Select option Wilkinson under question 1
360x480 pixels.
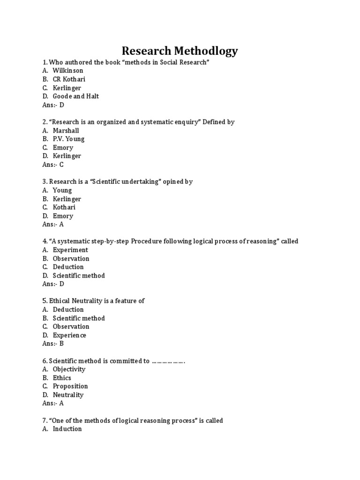point(68,71)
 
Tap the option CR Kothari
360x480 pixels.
point(69,79)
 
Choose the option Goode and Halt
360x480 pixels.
point(75,96)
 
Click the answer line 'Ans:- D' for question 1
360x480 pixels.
point(53,105)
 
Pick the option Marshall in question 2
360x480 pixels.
point(66,130)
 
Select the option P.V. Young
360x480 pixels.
point(68,139)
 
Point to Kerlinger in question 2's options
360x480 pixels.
point(67,156)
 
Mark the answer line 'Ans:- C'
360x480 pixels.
point(53,165)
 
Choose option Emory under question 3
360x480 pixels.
point(63,216)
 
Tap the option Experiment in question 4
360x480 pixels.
point(70,250)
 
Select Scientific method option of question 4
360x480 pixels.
point(79,276)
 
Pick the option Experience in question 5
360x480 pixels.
point(69,335)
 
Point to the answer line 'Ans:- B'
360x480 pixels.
point(53,344)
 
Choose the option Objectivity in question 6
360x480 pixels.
point(69,369)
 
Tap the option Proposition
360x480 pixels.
point(70,386)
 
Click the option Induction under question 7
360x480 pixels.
point(67,429)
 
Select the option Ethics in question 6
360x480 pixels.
point(62,378)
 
